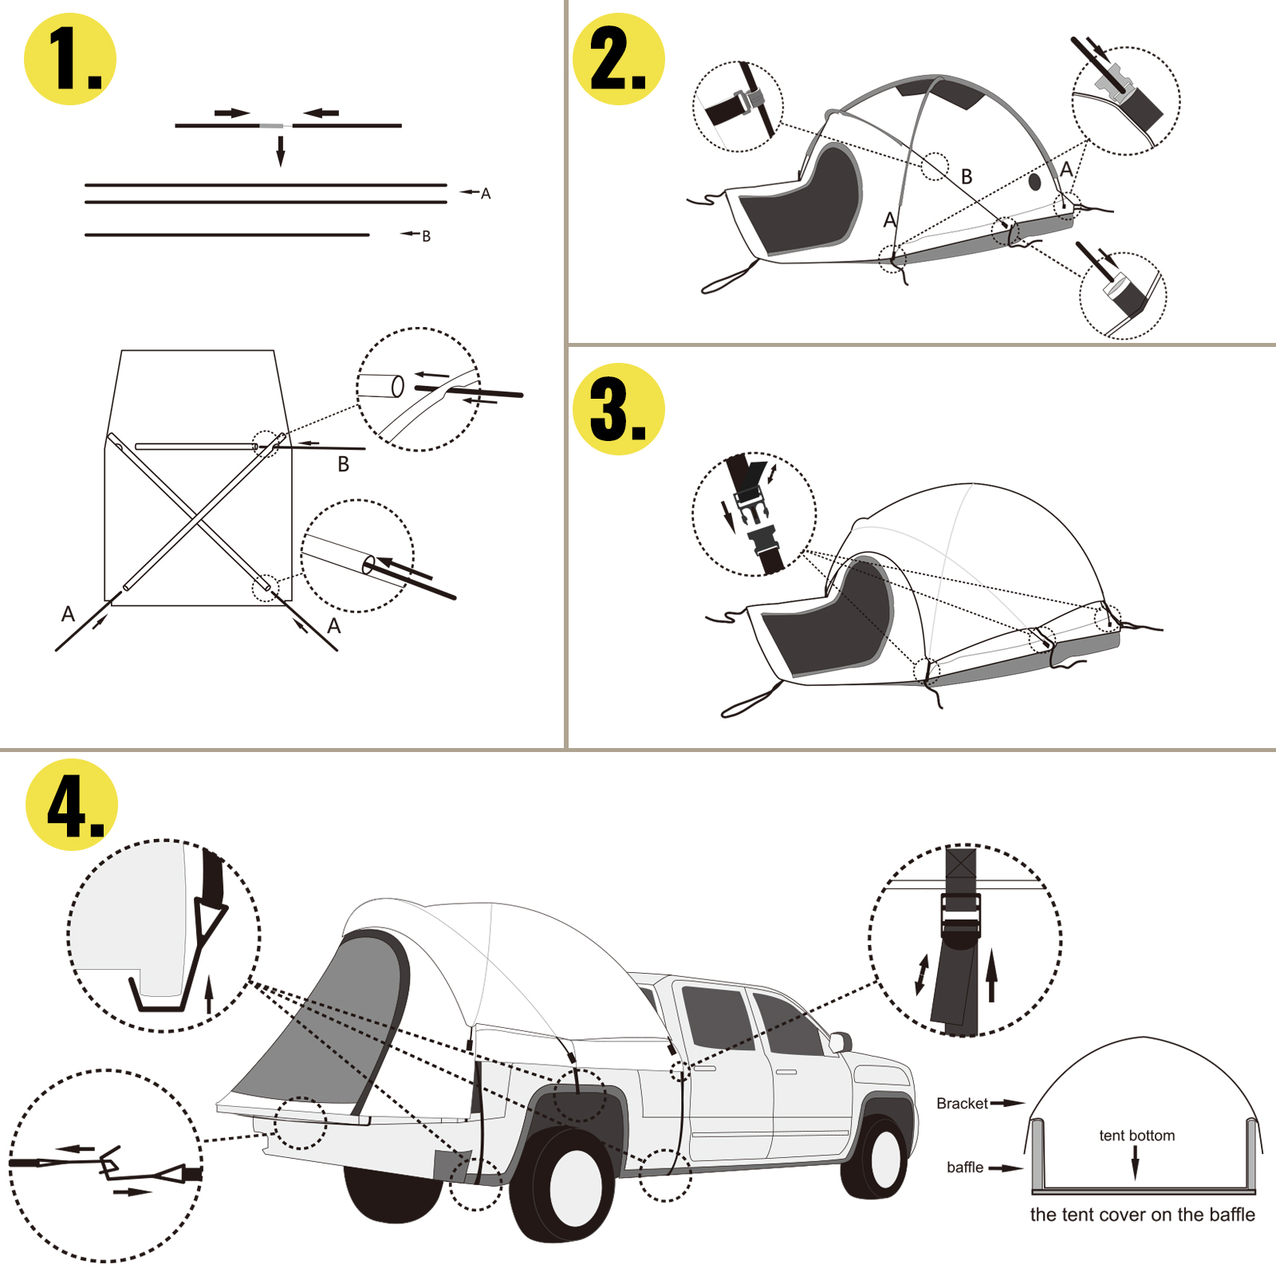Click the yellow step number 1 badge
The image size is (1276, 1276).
pos(70,59)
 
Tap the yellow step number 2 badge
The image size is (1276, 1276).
pos(619,59)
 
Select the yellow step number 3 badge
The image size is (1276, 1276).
pos(619,409)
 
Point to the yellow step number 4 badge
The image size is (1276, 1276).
pos(72,805)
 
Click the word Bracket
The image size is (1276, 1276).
pos(962,1104)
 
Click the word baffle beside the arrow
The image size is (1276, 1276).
pos(965,1168)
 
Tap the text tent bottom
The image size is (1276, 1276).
pos(1136,1136)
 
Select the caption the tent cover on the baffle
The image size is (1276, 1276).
pos(1142,1215)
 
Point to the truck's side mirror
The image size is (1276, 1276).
pos(840,1041)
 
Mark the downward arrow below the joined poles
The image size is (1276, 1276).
pos(281,151)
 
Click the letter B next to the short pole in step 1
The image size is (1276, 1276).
pos(426,236)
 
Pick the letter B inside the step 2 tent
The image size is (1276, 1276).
pos(967,177)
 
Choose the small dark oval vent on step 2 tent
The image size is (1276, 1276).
pos(1034,182)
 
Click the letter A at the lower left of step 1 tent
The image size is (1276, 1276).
pos(68,614)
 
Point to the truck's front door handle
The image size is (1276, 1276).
pos(786,1072)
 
